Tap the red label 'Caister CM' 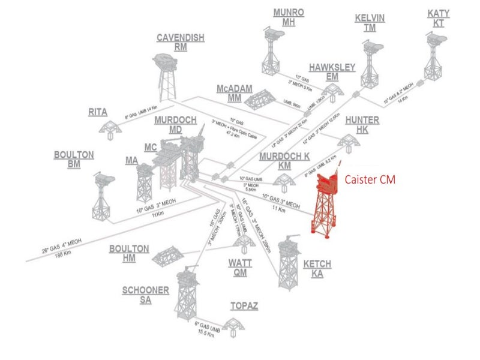tap(370, 179)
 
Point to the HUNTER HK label tap(362, 125)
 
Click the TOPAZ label tap(244, 307)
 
